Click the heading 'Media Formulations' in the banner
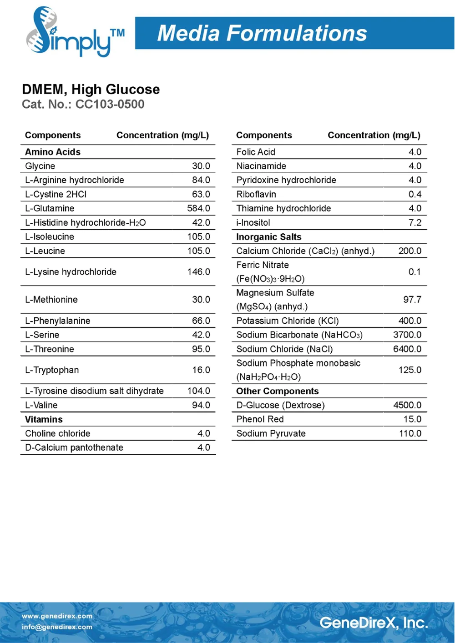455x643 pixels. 262,33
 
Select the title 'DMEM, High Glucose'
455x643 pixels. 91,89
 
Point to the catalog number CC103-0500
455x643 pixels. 110,104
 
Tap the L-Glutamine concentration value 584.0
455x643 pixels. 198,208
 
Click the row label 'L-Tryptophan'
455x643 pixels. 52,370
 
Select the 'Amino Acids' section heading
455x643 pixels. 53,152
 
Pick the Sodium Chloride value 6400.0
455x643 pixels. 407,349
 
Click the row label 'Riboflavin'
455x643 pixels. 256,194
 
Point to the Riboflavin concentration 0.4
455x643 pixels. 415,194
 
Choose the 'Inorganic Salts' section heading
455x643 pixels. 269,236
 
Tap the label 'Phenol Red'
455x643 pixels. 260,419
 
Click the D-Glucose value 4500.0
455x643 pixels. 407,405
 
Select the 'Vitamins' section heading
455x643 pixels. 44,419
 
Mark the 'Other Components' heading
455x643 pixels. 278,391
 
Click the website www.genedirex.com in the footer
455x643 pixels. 57,616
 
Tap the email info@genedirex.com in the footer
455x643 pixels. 57,627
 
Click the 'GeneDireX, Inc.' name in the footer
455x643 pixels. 374,623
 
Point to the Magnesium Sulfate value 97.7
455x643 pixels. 412,299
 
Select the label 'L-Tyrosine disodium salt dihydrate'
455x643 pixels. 94,391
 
